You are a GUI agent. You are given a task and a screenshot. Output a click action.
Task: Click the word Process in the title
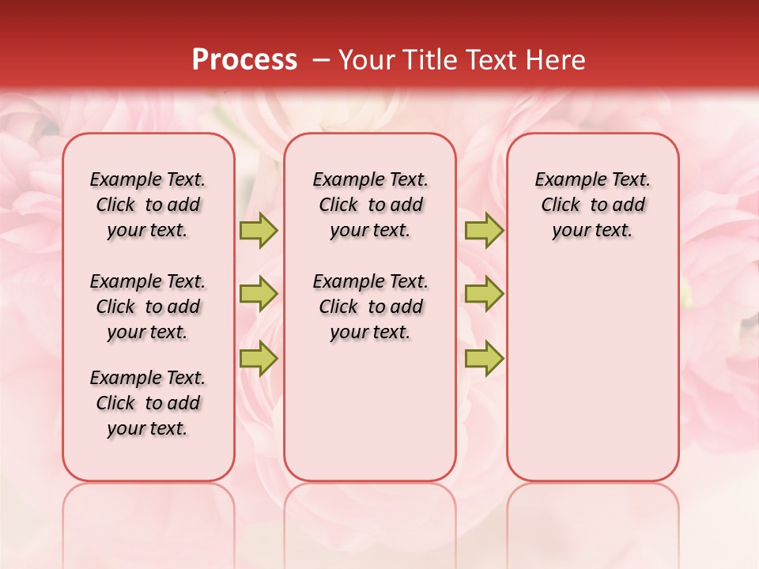pos(244,60)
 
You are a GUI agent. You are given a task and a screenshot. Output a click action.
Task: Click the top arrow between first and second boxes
pos(259,230)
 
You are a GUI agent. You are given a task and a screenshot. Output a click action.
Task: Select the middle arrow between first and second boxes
pos(259,294)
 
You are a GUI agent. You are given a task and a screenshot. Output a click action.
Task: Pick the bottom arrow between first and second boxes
pos(259,358)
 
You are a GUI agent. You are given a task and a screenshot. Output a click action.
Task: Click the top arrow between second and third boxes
pos(484,230)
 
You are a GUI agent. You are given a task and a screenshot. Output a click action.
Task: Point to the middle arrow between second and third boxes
pos(484,294)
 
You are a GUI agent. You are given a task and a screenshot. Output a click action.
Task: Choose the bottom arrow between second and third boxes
pos(484,358)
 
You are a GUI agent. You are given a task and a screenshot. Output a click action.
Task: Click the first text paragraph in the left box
pos(148,205)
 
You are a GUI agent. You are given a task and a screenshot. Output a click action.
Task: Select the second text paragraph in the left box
pos(148,307)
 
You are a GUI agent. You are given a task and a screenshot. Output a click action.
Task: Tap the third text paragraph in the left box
pos(148,403)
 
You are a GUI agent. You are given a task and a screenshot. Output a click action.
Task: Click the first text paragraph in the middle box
pos(371,205)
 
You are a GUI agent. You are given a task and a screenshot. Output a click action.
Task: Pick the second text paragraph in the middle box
pos(371,307)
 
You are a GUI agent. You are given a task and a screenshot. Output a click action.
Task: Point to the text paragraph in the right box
pos(593,205)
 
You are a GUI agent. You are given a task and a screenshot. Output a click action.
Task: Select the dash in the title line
pos(322,60)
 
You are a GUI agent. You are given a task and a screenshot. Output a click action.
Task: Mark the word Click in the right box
pos(561,205)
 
